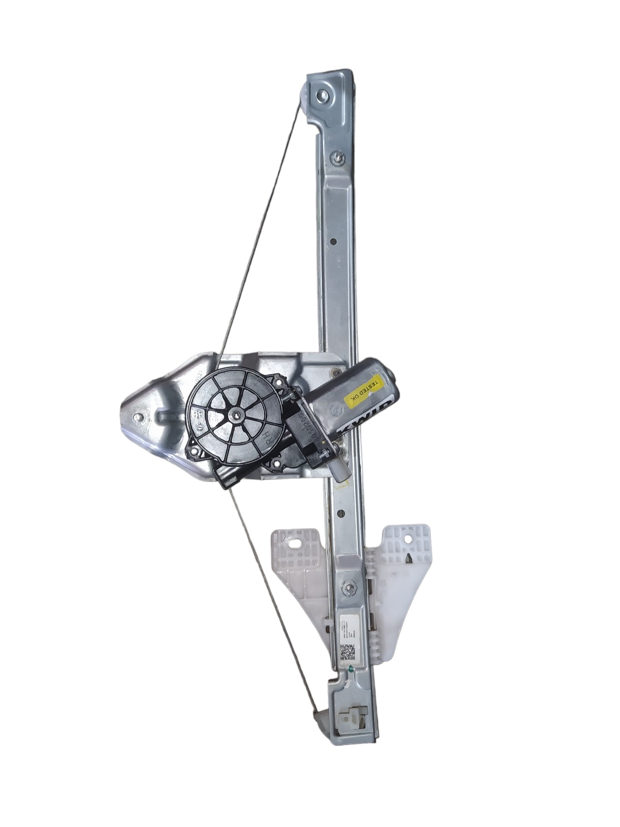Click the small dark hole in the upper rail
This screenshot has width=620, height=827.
click(333, 242)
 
